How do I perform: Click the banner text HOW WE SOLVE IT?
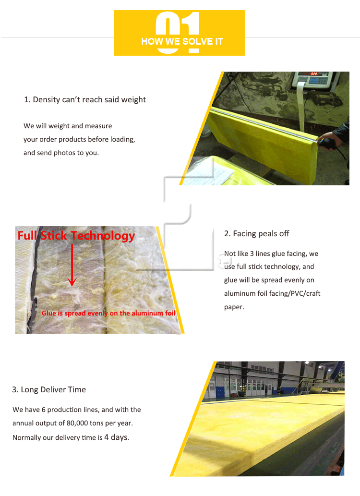tap(182, 42)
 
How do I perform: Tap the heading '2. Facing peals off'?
tap(256, 234)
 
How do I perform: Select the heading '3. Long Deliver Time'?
tap(49, 389)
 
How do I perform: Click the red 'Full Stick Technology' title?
tap(76, 236)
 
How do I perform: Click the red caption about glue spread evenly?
tap(108, 313)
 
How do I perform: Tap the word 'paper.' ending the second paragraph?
tap(234, 307)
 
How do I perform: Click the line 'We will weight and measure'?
tap(68, 126)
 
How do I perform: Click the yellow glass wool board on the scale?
tap(264, 144)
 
